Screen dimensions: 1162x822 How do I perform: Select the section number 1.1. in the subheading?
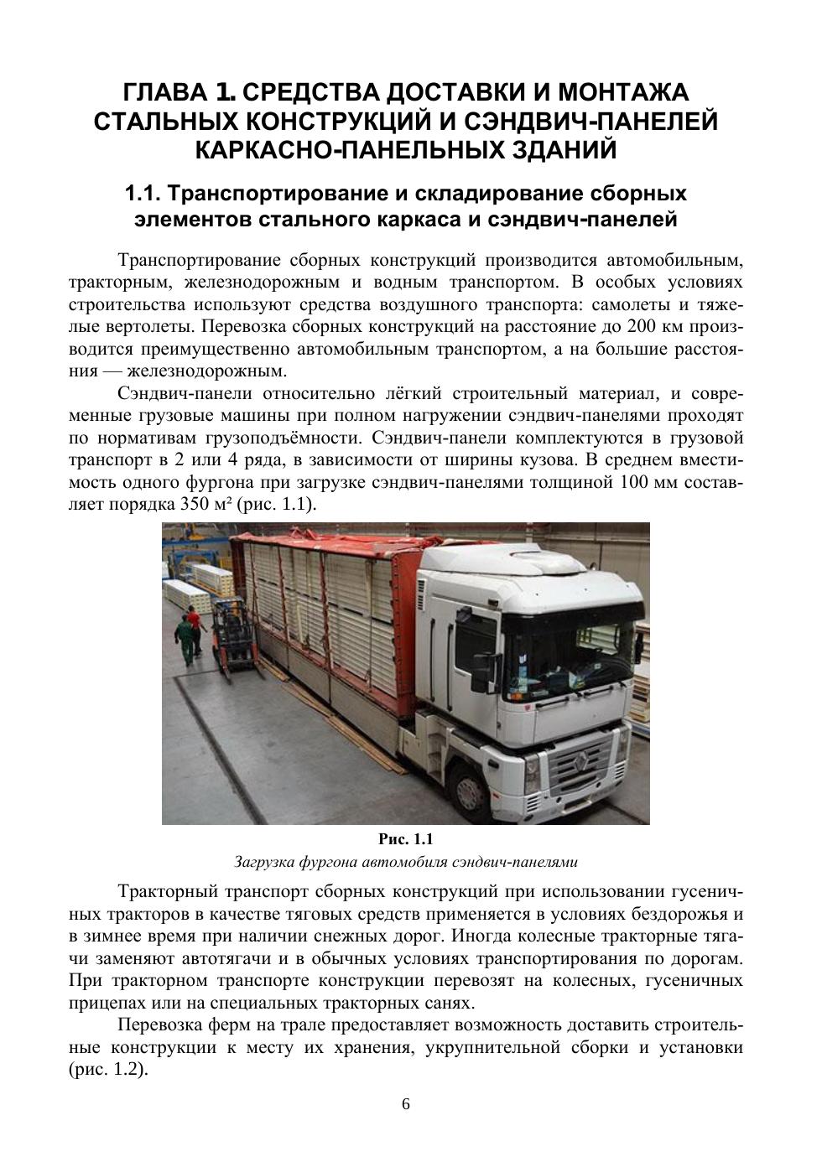point(143,195)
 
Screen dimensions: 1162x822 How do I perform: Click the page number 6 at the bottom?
point(406,1104)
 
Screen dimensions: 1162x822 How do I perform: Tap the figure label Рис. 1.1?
point(406,839)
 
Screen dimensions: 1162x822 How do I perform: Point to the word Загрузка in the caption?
point(265,861)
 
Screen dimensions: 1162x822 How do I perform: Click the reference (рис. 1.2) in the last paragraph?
point(107,1071)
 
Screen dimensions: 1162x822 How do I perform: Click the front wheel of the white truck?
point(476,781)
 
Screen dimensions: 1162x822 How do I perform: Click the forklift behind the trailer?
point(231,637)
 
